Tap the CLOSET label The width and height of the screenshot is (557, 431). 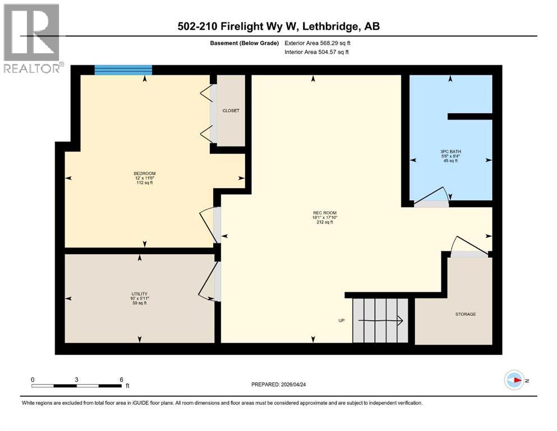pyautogui.click(x=231, y=111)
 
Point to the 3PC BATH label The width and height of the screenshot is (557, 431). pyautogui.click(x=450, y=151)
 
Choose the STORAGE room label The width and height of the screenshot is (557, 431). pyautogui.click(x=466, y=314)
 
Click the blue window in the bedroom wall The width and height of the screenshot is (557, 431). pyautogui.click(x=123, y=70)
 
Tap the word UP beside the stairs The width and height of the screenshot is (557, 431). pyautogui.click(x=341, y=321)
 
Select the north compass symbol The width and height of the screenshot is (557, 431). pyautogui.click(x=514, y=380)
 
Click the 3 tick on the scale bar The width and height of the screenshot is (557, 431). pyautogui.click(x=76, y=379)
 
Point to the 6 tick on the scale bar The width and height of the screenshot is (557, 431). pyautogui.click(x=121, y=379)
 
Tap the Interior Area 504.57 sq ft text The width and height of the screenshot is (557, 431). pyautogui.click(x=317, y=52)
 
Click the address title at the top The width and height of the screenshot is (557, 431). pyautogui.click(x=278, y=26)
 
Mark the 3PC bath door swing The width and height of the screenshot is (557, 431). pyautogui.click(x=432, y=195)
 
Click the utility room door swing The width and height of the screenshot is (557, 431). pyautogui.click(x=209, y=281)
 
